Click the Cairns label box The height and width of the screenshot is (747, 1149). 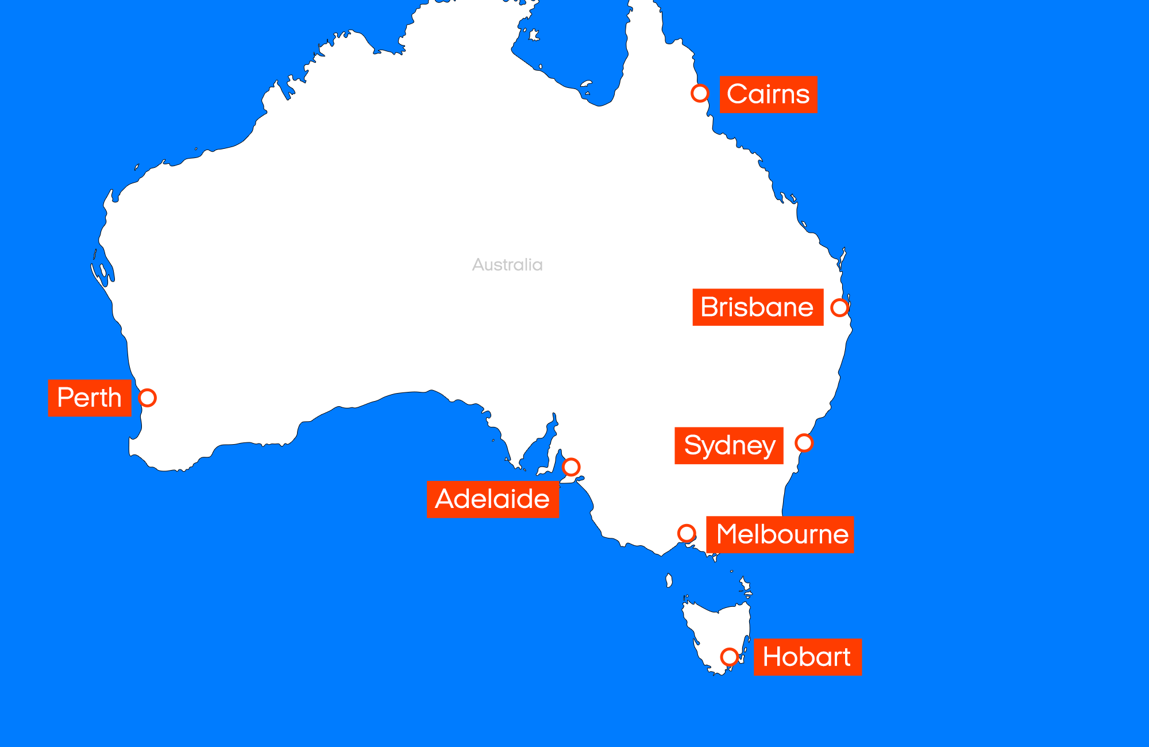pyautogui.click(x=769, y=95)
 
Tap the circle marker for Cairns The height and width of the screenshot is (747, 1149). pyautogui.click(x=700, y=93)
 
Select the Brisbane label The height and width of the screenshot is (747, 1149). pyautogui.click(x=758, y=307)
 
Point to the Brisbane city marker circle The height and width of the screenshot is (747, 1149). pyautogui.click(x=839, y=307)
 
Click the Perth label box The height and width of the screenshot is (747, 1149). pyautogui.click(x=90, y=398)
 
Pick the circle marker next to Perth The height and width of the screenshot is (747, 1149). pyautogui.click(x=148, y=398)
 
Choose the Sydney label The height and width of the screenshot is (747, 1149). pyautogui.click(x=729, y=445)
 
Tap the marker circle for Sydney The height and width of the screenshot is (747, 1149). pyautogui.click(x=804, y=443)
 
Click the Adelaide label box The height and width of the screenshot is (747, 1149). pyautogui.click(x=493, y=499)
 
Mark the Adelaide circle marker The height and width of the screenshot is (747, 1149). pyautogui.click(x=571, y=467)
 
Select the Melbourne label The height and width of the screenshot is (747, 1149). pyautogui.click(x=780, y=534)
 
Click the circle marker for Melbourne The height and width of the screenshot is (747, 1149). pyautogui.click(x=687, y=533)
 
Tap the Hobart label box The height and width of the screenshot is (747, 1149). pyautogui.click(x=807, y=657)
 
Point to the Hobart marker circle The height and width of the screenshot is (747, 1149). pyautogui.click(x=729, y=656)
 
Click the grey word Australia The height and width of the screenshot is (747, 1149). pyautogui.click(x=507, y=265)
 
